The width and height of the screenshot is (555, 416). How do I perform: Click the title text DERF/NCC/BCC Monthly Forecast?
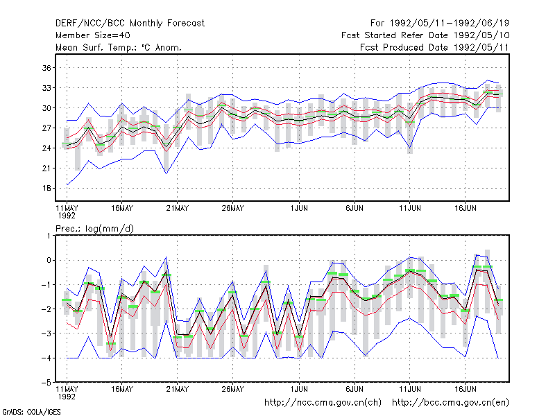(x=130, y=24)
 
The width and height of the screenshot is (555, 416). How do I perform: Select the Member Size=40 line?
(x=93, y=35)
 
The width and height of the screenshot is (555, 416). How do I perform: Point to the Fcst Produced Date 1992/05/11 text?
(x=434, y=47)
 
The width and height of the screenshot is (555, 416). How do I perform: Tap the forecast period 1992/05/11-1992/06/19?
(x=449, y=24)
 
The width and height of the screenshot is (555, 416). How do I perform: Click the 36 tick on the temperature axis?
(x=46, y=67)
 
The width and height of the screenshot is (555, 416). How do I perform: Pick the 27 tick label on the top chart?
(x=46, y=128)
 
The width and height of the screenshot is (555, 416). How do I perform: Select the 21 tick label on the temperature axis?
(x=46, y=168)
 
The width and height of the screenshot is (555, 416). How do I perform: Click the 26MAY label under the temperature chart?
(x=232, y=209)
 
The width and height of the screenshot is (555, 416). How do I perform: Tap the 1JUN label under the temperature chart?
(x=299, y=209)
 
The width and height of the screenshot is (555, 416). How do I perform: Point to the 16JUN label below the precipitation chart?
(x=465, y=389)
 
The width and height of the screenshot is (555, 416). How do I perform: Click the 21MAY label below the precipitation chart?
(x=178, y=389)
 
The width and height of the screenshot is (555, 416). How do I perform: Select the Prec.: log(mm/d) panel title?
(x=94, y=229)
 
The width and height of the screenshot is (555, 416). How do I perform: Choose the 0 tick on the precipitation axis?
(x=49, y=261)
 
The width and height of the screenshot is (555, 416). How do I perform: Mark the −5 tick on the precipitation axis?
(x=46, y=383)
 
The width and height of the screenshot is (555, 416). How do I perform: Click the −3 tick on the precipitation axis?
(x=46, y=333)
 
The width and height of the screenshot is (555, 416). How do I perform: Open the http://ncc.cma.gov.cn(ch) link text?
(x=323, y=403)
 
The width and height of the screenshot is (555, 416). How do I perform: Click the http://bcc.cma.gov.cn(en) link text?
(x=450, y=403)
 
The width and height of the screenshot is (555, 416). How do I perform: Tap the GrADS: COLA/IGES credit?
(x=31, y=412)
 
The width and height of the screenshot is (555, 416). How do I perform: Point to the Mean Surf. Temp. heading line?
(x=118, y=47)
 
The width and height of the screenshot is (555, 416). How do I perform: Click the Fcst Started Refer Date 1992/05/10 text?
(x=425, y=35)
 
